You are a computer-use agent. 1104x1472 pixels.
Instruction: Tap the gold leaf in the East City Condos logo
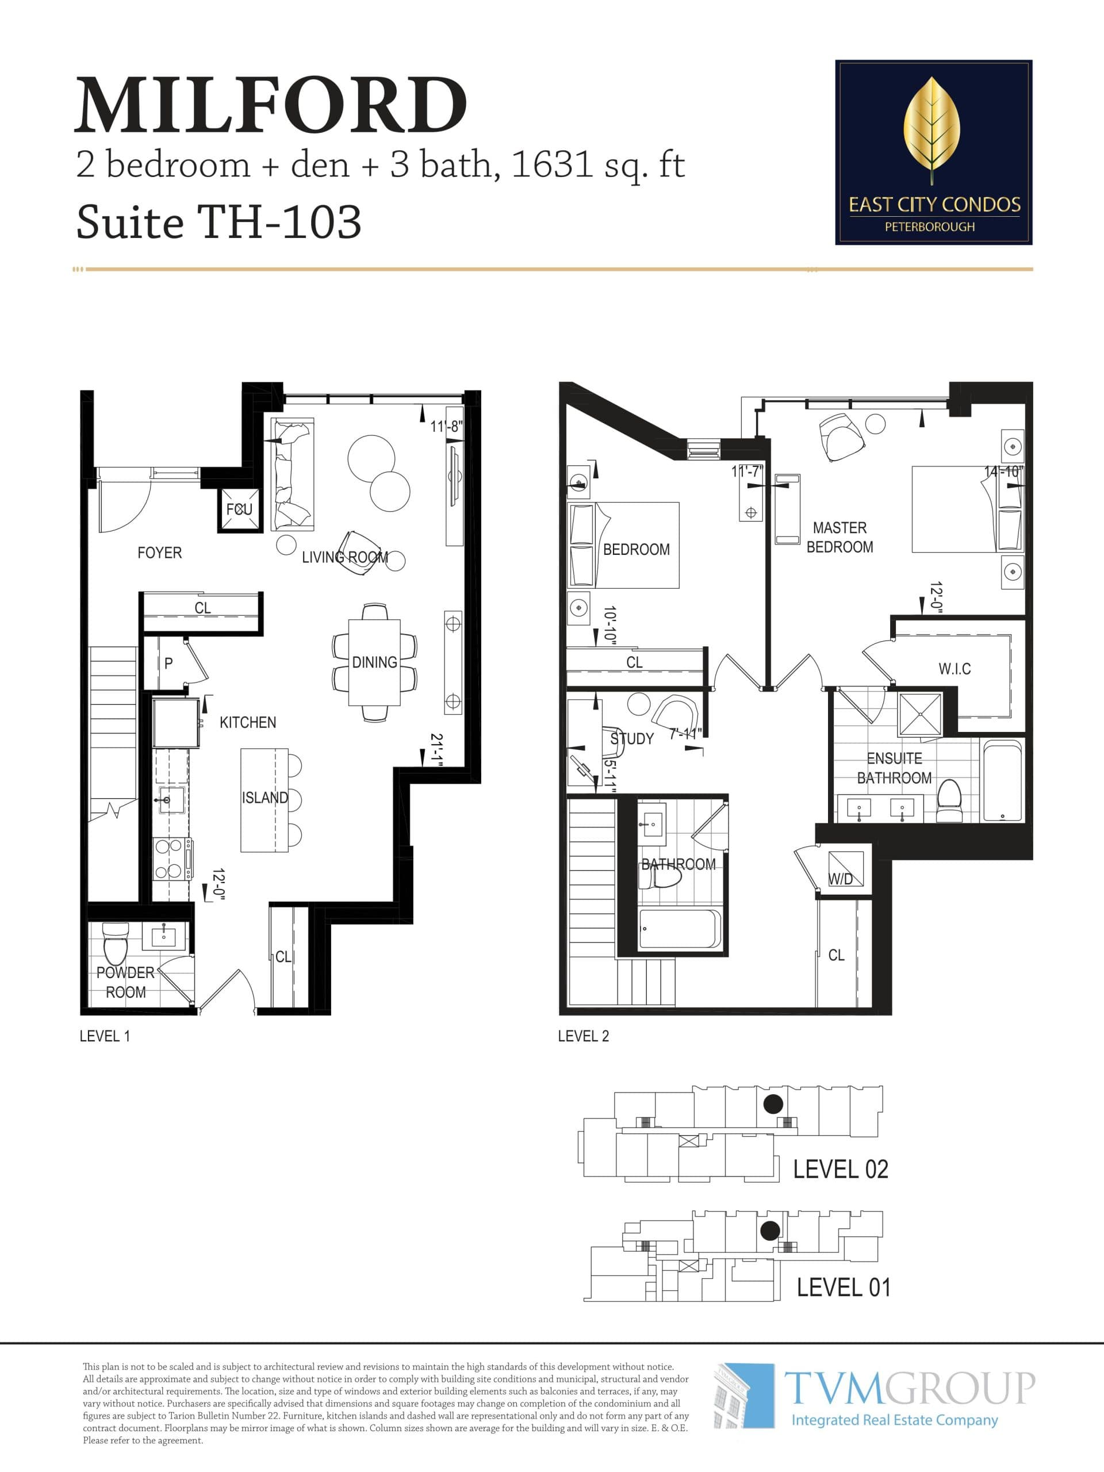931,126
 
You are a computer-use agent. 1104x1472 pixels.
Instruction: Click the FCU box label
239,510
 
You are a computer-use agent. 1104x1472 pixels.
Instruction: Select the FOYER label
159,553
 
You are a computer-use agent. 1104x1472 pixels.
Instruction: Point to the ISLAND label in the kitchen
265,797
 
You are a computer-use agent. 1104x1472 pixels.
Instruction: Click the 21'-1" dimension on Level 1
436,750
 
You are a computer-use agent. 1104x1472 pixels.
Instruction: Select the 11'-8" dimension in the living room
446,427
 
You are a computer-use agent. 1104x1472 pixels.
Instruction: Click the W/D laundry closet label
841,879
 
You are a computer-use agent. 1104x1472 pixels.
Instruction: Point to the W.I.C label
954,669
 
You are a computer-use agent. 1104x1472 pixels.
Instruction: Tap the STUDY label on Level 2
631,739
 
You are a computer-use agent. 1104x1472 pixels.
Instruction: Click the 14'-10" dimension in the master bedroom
1003,472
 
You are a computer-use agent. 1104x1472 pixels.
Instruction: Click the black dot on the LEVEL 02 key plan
773,1105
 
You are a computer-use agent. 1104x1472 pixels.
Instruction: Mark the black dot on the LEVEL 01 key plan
770,1230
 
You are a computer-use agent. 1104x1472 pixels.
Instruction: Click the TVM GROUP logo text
909,1388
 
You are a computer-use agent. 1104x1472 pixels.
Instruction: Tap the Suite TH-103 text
219,221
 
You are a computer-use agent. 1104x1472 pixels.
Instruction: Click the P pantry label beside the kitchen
168,664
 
